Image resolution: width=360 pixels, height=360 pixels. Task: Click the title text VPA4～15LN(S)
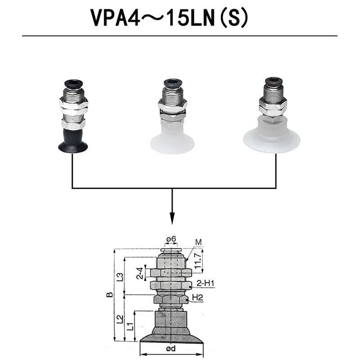coord(169,18)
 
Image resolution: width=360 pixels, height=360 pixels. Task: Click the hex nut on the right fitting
coord(273,108)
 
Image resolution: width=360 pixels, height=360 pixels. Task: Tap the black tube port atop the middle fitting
coord(173,84)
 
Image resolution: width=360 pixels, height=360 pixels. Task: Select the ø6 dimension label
coord(171,239)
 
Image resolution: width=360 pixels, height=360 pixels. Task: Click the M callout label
coord(198,243)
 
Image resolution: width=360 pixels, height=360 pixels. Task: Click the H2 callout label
coord(198,297)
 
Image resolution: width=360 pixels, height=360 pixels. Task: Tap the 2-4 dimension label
coord(140,273)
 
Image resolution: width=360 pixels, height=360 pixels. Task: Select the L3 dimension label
coord(120,276)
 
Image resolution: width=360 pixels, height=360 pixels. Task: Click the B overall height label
coord(108,295)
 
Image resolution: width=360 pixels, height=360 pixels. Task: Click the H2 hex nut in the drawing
coord(171,299)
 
